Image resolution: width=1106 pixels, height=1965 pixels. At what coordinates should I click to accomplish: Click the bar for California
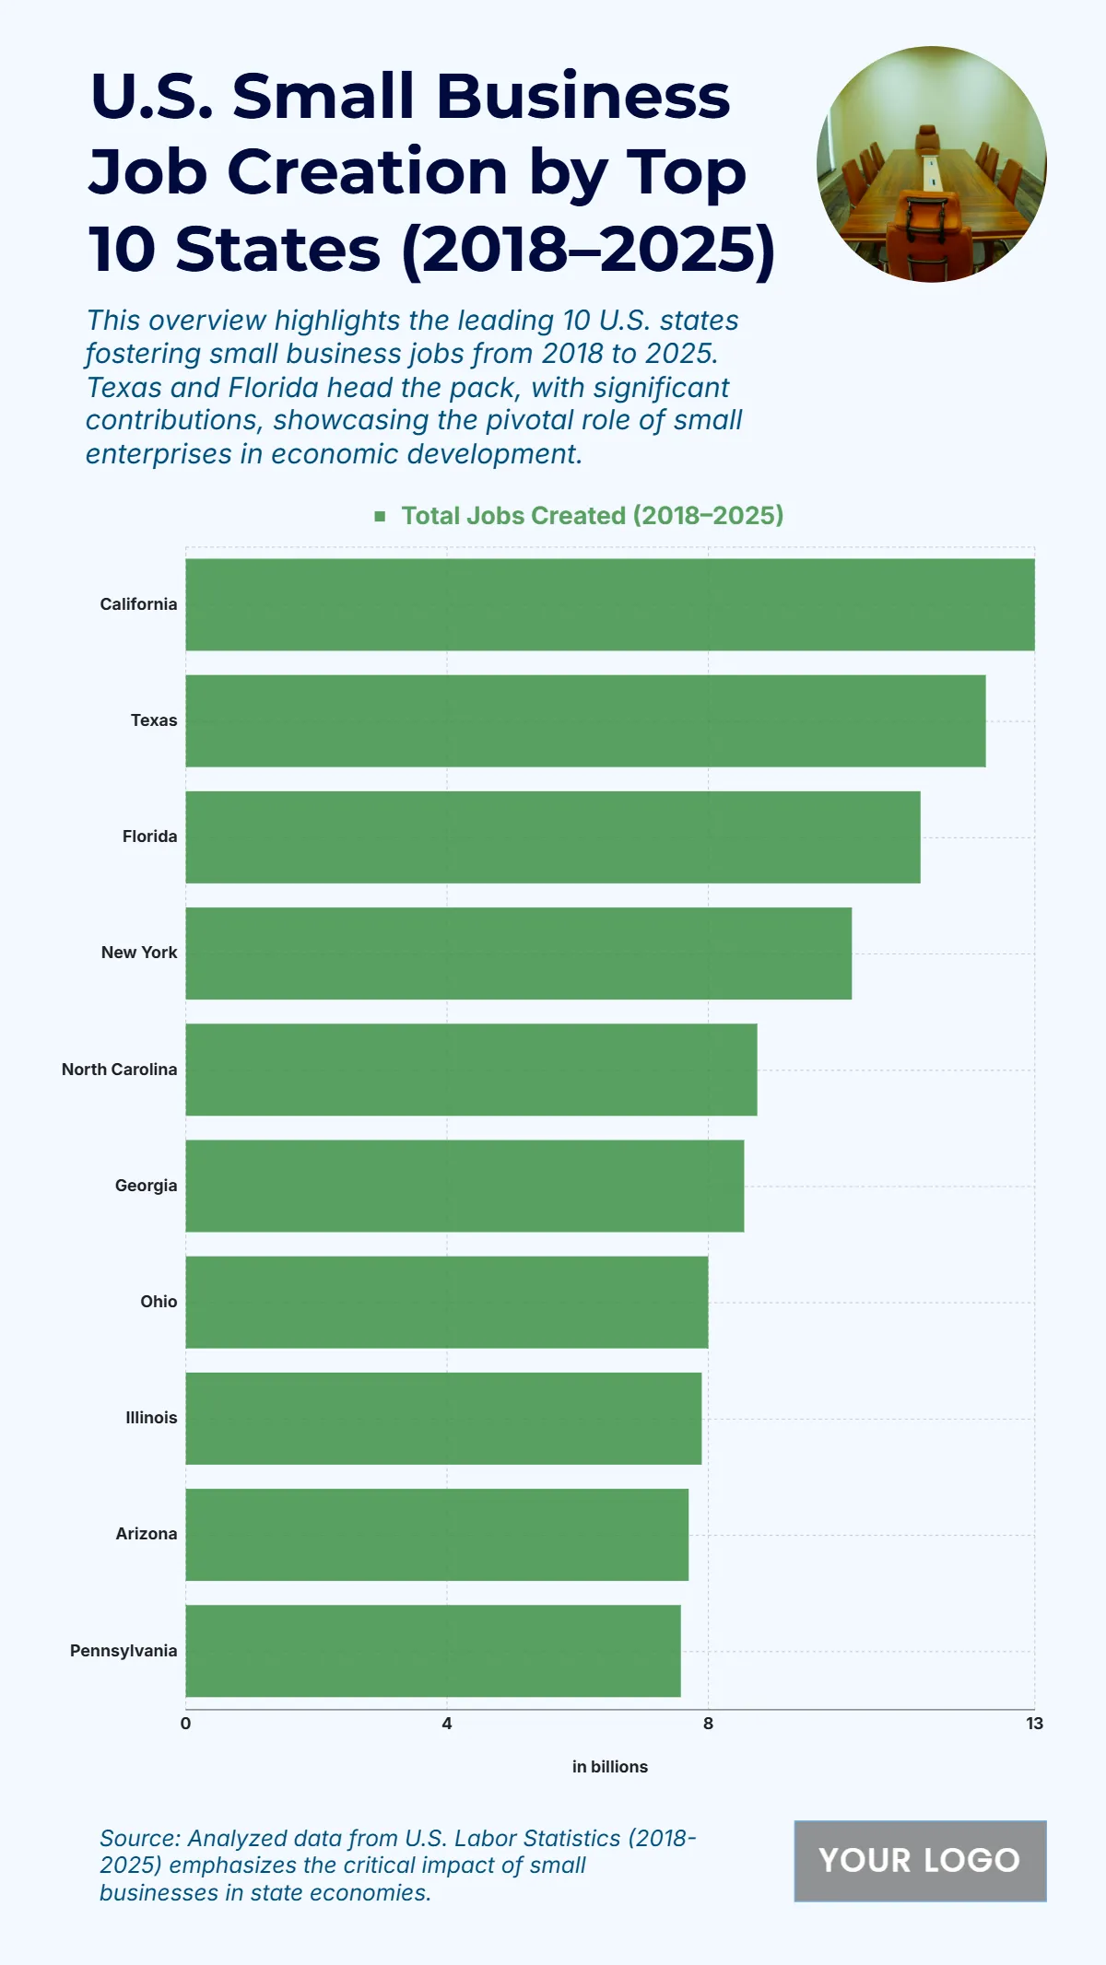(x=609, y=604)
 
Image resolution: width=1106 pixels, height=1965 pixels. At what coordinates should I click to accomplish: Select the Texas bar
(x=585, y=720)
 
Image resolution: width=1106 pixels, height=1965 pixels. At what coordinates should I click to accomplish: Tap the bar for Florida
(x=552, y=836)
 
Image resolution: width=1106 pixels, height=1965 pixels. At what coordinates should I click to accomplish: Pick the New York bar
(x=518, y=953)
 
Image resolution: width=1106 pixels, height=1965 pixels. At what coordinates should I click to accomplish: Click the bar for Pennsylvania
(x=433, y=1651)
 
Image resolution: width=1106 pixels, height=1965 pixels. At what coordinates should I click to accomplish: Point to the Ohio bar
(x=447, y=1302)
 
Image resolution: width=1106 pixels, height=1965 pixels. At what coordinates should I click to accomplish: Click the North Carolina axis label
(x=119, y=1070)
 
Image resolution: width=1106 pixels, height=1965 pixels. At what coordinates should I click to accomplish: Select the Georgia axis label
(x=146, y=1186)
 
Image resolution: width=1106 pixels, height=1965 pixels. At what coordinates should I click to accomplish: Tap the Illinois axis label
(x=151, y=1418)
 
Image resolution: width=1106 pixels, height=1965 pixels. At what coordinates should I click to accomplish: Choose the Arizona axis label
(x=146, y=1534)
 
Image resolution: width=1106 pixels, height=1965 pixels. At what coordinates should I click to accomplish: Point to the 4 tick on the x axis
(x=447, y=1724)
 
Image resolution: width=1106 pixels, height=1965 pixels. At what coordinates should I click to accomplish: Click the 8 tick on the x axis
(x=708, y=1724)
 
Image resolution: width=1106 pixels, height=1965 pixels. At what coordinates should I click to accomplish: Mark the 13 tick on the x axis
(x=1034, y=1724)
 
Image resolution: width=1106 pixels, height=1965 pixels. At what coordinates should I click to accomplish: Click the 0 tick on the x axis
(x=186, y=1724)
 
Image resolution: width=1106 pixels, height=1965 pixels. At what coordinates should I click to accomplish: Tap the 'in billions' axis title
(x=609, y=1767)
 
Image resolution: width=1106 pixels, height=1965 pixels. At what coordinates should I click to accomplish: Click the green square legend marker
(x=380, y=516)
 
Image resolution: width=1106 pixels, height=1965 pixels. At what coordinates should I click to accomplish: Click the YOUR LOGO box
(x=920, y=1861)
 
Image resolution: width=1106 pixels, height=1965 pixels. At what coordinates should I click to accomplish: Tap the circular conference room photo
(x=931, y=164)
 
